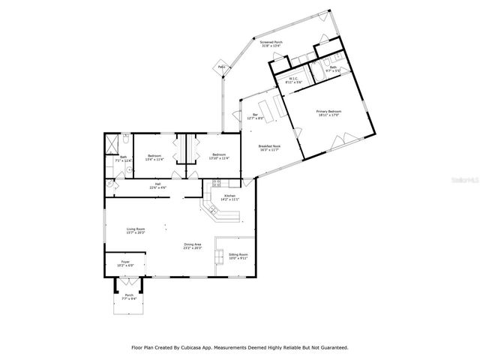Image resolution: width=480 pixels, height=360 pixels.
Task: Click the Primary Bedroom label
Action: (328, 113)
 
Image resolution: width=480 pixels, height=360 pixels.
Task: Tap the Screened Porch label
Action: (271, 44)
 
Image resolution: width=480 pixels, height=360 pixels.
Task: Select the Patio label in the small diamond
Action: (221, 68)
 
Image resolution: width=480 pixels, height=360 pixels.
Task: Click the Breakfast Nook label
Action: (269, 148)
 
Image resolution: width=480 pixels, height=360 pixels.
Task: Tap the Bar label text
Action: (255, 116)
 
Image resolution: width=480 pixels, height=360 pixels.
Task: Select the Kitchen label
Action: (229, 198)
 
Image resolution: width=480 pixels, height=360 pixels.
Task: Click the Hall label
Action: (158, 186)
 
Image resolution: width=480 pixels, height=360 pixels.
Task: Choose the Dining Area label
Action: (193, 246)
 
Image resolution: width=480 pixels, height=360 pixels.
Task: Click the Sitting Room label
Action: (238, 256)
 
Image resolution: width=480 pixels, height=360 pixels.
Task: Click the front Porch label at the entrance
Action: (129, 296)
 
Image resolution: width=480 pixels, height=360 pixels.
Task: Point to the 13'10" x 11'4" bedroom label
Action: (214, 157)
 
